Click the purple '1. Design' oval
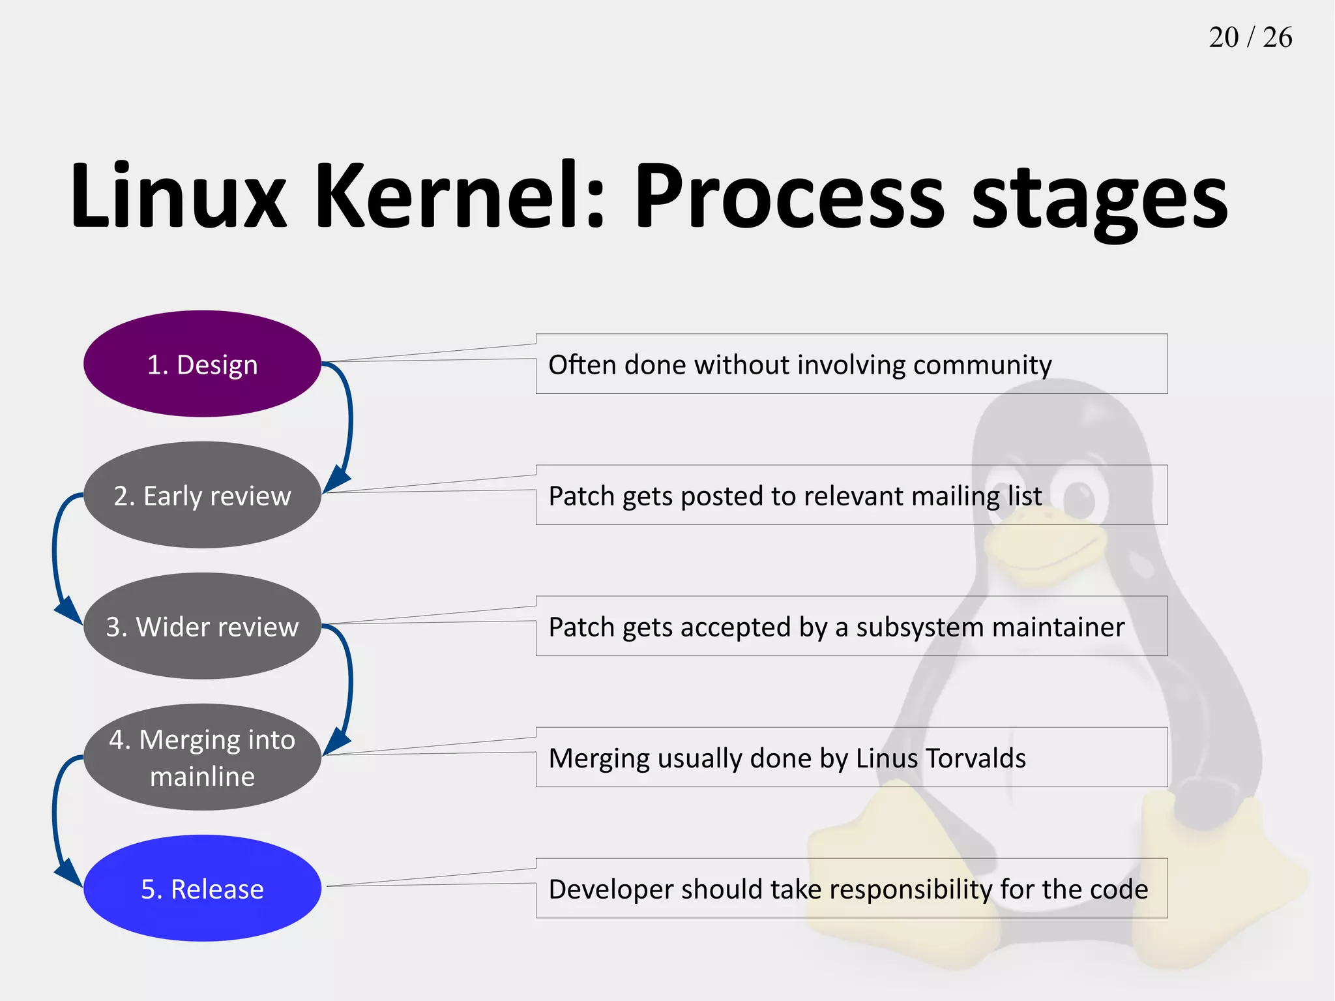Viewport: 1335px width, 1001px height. [202, 364]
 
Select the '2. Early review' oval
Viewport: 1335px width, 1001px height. [202, 496]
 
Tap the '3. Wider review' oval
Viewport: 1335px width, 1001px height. [202, 626]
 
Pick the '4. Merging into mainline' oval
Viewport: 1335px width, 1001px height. [202, 757]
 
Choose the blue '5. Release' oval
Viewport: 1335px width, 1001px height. [202, 888]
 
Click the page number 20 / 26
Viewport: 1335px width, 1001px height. [1250, 37]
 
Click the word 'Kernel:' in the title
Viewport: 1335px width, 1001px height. [460, 196]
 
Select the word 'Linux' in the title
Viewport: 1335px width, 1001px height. [178, 196]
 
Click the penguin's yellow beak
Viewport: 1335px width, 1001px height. [1043, 548]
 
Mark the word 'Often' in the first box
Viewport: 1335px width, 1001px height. [582, 365]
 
